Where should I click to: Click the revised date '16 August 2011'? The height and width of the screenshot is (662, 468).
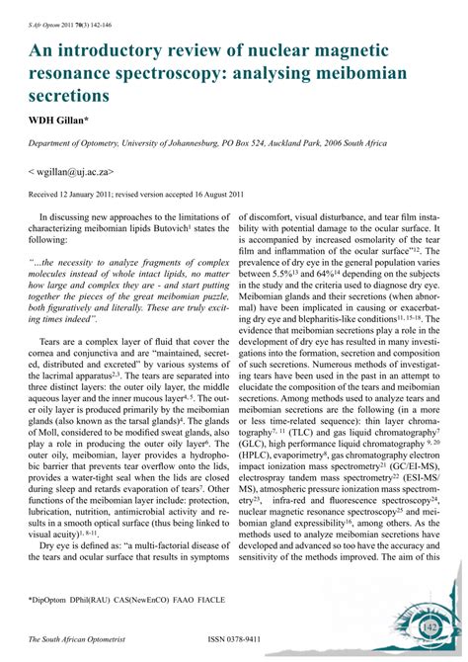click(210, 195)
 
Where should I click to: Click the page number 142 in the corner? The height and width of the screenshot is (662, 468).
click(429, 626)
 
